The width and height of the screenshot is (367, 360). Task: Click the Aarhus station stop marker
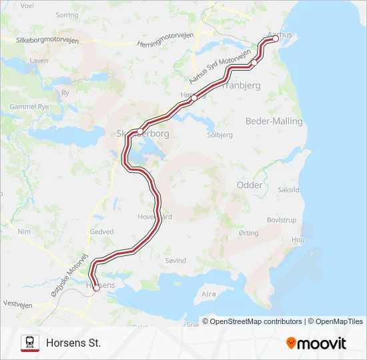276,39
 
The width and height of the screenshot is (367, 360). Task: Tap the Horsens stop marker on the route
96,287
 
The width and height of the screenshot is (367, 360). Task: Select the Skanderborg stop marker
139,131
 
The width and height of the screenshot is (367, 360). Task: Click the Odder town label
250,185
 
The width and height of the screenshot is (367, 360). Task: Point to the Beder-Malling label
274,121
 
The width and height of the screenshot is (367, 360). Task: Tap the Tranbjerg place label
240,86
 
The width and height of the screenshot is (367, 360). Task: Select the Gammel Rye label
33,107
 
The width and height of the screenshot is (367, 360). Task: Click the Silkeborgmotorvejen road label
47,40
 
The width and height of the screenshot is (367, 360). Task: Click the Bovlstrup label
281,219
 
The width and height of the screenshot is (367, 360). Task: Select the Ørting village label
248,233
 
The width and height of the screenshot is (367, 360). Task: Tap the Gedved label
101,232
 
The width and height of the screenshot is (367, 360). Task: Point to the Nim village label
25,231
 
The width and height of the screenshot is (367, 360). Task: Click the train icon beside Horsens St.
30,343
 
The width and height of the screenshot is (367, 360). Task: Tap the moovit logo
316,343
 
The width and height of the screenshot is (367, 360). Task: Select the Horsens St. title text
73,343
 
